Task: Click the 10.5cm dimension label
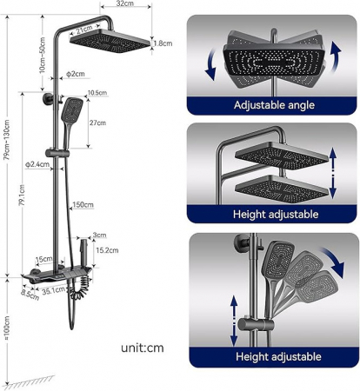pyautogui.click(x=97, y=93)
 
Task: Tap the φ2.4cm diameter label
pyautogui.click(x=38, y=163)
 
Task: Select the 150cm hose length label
pyautogui.click(x=83, y=205)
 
